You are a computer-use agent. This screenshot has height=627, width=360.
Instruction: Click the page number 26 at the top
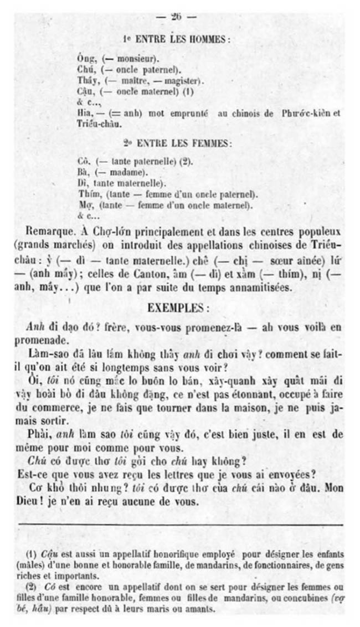(177, 17)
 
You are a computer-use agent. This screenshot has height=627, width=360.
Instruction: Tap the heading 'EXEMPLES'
(178, 307)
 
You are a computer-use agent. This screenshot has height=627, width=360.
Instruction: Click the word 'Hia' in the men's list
(85, 112)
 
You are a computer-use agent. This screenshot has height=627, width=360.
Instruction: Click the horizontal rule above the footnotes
(180, 524)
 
